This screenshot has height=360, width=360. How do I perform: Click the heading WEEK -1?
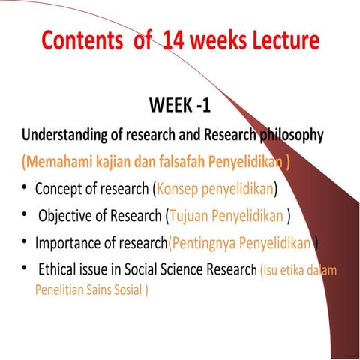(x=179, y=106)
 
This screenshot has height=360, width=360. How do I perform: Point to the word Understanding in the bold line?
(x=68, y=136)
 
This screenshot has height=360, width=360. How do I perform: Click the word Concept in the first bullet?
(x=59, y=187)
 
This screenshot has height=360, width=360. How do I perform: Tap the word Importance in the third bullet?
(x=68, y=242)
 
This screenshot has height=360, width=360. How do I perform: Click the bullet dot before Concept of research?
(x=25, y=187)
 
